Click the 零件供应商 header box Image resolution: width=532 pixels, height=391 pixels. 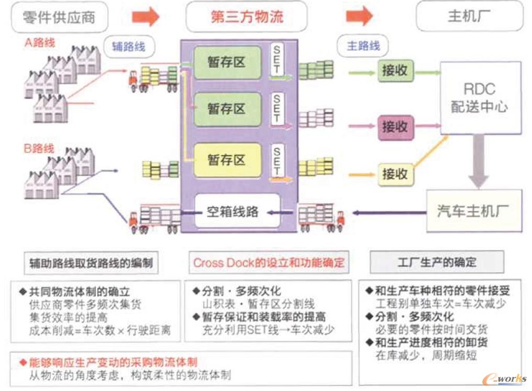coord(59,17)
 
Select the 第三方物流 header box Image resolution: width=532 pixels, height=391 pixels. coord(247,17)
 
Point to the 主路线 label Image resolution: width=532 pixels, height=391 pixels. coord(363,46)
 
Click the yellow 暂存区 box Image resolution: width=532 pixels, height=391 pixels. coord(227,160)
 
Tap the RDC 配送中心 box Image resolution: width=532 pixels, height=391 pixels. coord(479,97)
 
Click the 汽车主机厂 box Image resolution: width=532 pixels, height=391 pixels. coord(473,212)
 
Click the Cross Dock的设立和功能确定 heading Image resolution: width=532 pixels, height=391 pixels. coord(269,263)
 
